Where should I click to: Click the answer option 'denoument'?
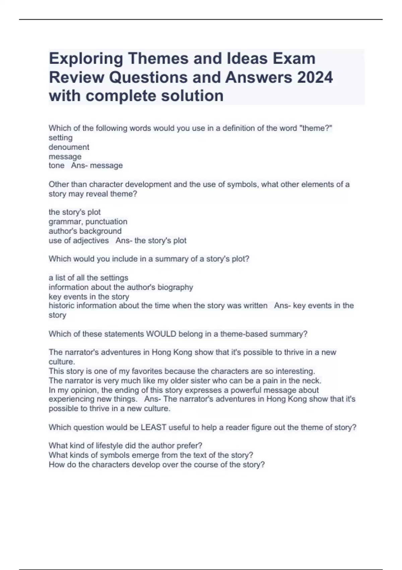(69, 147)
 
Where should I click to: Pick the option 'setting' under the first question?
(61, 138)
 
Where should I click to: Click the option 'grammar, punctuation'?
(88, 222)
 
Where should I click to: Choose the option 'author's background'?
(85, 231)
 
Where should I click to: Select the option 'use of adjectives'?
(79, 240)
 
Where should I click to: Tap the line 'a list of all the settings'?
(88, 278)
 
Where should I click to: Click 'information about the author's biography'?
(121, 287)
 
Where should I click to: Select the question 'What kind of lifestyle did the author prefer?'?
(125, 446)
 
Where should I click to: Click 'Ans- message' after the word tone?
(97, 165)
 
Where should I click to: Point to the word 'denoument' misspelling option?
(69, 147)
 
